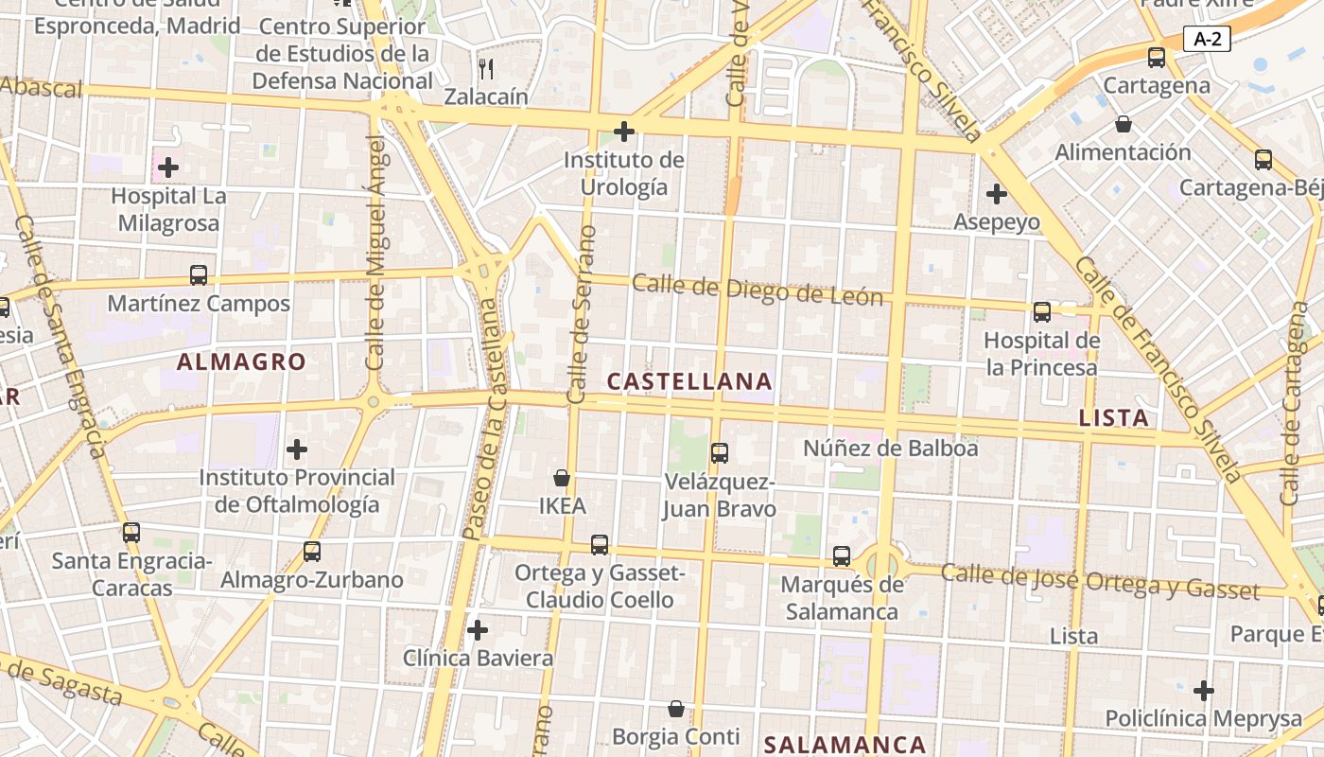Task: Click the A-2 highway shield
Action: pos(1207,39)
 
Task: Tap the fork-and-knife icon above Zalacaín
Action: pos(486,68)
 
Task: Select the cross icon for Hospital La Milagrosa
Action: pos(168,168)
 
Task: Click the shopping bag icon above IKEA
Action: pos(562,478)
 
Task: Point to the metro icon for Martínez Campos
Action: pos(199,275)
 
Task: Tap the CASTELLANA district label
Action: pos(689,381)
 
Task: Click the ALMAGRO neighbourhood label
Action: pos(241,361)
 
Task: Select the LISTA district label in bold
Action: pos(1114,417)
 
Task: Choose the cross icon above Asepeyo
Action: pos(996,194)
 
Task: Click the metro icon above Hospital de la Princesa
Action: pos(1042,311)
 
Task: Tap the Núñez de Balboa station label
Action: pos(890,448)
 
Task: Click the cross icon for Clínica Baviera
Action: pos(478,629)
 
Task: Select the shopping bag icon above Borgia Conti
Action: pos(676,709)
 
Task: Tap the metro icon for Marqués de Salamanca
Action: pos(842,555)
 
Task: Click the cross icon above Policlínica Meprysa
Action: pos(1203,691)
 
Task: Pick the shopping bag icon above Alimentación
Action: pos(1124,124)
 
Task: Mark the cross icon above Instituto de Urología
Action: pos(623,131)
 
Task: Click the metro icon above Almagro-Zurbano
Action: pos(311,551)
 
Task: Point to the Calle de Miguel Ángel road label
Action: pos(375,253)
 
